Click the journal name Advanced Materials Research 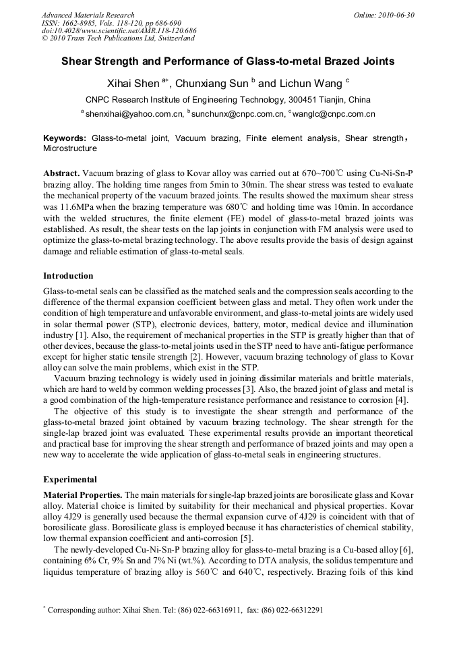pyautogui.click(x=88, y=15)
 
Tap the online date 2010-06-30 pyautogui.click(x=394, y=15)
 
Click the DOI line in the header pyautogui.click(x=119, y=31)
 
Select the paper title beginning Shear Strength pyautogui.click(x=228, y=61)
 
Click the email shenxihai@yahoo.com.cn pyautogui.click(x=134, y=114)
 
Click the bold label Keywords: pyautogui.click(x=65, y=138)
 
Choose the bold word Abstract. pyautogui.click(x=62, y=173)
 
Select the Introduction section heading pyautogui.click(x=68, y=276)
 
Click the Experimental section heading pyautogui.click(x=70, y=480)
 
